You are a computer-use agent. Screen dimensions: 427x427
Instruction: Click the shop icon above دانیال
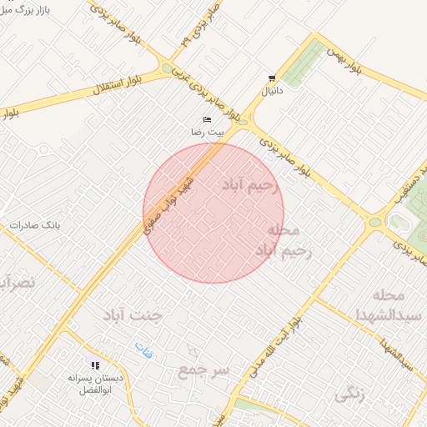click(x=271, y=78)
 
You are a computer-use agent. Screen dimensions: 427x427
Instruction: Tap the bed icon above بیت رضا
click(x=206, y=120)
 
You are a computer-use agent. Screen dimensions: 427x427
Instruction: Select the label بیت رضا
click(x=205, y=133)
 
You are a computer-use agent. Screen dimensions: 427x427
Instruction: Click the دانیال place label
click(x=272, y=90)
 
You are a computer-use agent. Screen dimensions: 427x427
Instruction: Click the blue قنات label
click(x=143, y=350)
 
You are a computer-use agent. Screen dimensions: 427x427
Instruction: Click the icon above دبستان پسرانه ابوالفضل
click(x=94, y=364)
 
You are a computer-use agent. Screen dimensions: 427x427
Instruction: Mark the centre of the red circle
click(x=213, y=213)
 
